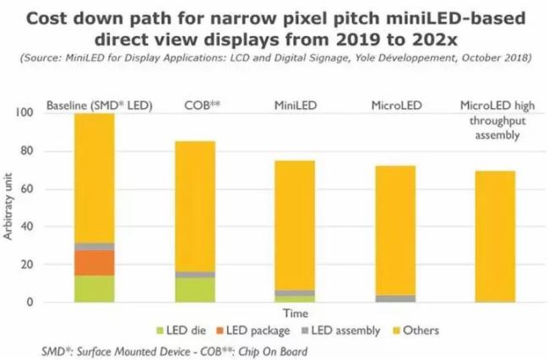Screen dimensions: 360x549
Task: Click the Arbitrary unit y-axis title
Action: (x=11, y=207)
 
